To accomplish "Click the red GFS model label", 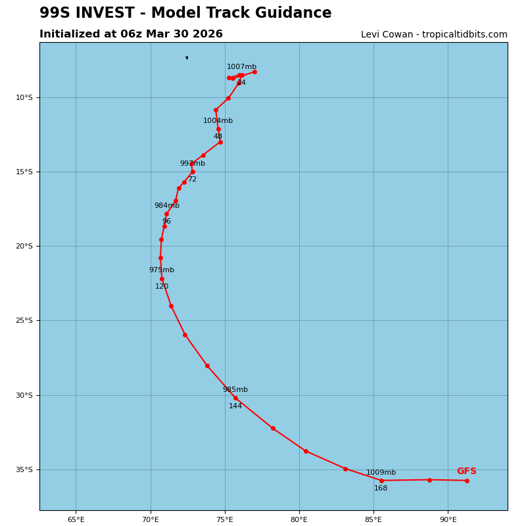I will point(466,471).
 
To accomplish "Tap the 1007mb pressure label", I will point(241,67).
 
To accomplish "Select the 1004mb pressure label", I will point(218,121).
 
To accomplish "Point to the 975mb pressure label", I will point(161,270).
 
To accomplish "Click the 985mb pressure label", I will point(235,390).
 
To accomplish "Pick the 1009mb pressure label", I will point(381,473).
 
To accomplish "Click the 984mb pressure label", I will point(166,206).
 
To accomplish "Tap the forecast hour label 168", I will point(381,489).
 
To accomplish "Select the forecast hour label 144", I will point(235,406).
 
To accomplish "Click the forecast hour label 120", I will point(162,287).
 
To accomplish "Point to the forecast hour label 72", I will point(192,179).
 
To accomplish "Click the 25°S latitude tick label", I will point(24,321).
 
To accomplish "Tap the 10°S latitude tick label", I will point(24,98).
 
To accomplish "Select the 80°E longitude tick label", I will point(299,520).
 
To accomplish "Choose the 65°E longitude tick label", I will point(76,520).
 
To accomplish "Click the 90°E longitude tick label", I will point(448,520).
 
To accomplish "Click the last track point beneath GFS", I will point(467,481).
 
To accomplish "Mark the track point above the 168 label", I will point(381,481).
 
